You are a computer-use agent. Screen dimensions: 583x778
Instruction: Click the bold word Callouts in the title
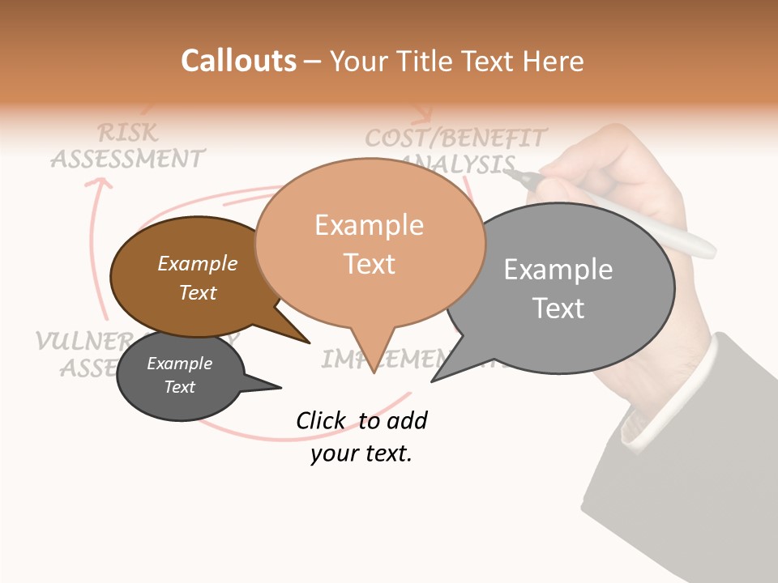(238, 61)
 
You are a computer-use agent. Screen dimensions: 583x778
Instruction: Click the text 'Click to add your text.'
(361, 436)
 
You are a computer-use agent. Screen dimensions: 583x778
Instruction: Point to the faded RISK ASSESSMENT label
(128, 146)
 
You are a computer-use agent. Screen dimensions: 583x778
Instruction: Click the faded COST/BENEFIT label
(455, 138)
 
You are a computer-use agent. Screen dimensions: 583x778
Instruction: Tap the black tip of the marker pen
(519, 176)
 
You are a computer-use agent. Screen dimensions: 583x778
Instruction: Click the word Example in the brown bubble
(198, 263)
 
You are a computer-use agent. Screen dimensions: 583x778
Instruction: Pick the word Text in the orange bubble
(370, 264)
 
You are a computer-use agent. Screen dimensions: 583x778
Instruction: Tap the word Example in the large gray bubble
(558, 269)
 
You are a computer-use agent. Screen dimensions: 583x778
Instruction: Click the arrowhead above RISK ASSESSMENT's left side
(100, 185)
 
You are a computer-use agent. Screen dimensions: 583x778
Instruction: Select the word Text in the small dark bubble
(180, 387)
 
